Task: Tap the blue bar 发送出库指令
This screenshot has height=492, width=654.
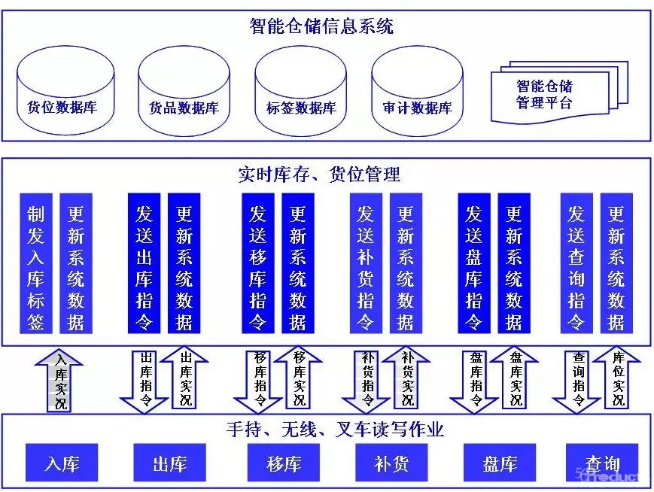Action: click(x=144, y=263)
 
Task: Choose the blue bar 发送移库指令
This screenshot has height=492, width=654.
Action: click(x=257, y=263)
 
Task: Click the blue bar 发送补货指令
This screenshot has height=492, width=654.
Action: click(x=366, y=263)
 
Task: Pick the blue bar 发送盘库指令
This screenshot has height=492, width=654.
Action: click(x=474, y=263)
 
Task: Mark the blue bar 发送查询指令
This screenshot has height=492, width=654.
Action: click(x=576, y=263)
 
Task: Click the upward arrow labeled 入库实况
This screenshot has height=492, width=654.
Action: click(x=60, y=380)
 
